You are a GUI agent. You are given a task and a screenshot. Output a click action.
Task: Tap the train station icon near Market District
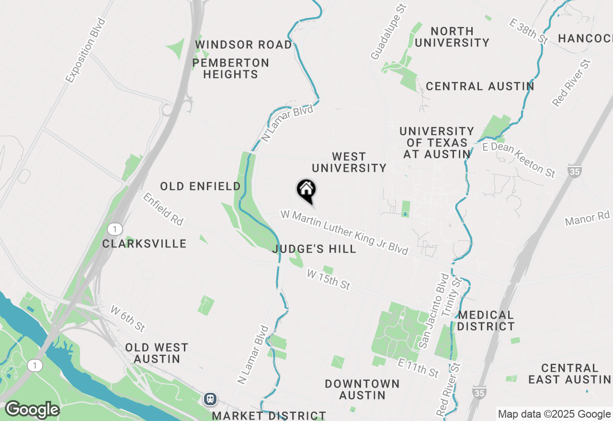210,399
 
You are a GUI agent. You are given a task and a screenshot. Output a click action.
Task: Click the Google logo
32,410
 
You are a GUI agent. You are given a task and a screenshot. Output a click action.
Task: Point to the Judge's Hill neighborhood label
314,249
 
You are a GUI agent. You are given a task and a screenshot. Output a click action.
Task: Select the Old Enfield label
200,186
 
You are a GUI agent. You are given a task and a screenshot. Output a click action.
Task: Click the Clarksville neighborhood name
144,244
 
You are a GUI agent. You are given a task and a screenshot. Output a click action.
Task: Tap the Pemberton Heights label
231,68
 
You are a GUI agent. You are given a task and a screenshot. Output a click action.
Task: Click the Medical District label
486,321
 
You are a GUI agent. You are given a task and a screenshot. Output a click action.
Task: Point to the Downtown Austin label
362,389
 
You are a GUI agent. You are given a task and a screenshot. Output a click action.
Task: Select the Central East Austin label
570,374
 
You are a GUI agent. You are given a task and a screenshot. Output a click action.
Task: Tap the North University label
452,37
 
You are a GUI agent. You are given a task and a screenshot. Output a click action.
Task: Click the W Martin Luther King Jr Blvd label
345,233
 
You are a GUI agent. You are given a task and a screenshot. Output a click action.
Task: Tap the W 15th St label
329,279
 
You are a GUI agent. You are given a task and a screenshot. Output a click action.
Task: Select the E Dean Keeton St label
519,159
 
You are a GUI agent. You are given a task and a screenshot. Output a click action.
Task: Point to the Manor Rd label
588,219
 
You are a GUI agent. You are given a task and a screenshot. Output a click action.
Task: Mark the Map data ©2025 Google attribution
554,414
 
